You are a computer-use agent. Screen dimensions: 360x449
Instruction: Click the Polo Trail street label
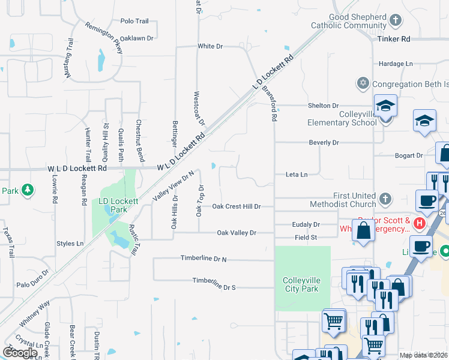(134, 21)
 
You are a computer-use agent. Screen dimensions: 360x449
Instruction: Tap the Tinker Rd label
(393, 38)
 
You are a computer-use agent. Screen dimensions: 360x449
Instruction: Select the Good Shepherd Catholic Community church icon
(395, 21)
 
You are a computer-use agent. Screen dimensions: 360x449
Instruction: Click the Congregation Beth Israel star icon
(363, 83)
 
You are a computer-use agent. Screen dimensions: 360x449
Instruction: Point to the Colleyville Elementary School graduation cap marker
(385, 107)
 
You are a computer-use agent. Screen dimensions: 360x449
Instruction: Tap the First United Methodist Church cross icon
(385, 197)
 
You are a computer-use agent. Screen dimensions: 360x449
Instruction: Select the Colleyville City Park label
(302, 284)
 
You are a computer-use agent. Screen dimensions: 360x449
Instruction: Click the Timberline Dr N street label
(203, 258)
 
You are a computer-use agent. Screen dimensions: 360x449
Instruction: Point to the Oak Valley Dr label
(237, 233)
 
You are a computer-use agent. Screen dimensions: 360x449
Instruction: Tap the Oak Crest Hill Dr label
(237, 206)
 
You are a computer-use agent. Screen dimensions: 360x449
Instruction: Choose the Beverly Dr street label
(324, 143)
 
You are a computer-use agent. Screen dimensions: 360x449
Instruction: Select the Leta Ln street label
(297, 175)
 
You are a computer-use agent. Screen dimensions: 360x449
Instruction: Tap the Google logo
(20, 352)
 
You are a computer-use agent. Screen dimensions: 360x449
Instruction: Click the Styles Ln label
(70, 244)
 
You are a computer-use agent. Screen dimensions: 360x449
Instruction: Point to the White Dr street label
(210, 46)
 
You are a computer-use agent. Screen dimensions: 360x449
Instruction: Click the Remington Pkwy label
(104, 38)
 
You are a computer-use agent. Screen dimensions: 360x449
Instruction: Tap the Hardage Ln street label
(396, 64)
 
